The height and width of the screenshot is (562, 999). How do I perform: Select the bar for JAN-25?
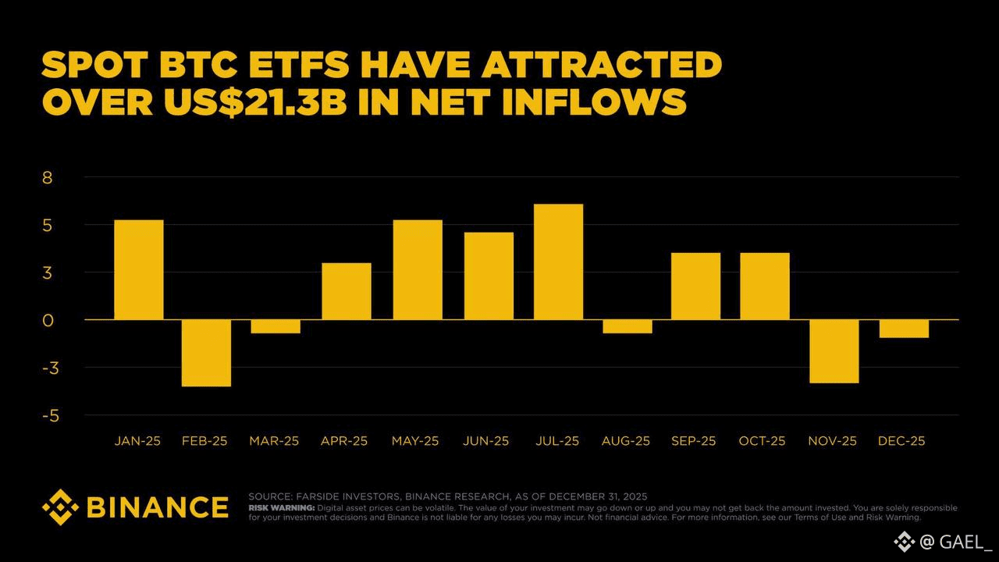(139, 269)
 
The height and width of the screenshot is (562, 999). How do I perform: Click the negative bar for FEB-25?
(207, 353)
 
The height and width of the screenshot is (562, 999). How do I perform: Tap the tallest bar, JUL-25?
(559, 261)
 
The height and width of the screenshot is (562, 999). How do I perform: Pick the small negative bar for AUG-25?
(627, 326)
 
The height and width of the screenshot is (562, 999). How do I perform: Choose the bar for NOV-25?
(834, 351)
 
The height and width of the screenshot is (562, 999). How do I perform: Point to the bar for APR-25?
(347, 291)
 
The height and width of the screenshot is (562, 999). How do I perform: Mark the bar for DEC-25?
(904, 329)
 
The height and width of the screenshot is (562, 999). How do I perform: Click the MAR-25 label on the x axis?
(274, 441)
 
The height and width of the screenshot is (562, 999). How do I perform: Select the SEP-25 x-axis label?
(693, 441)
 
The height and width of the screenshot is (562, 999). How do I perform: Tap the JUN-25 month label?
(485, 441)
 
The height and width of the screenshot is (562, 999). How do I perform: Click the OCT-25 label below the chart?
(762, 441)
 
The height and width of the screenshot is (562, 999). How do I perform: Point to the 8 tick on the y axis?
(48, 177)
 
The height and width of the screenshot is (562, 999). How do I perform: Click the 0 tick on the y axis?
(48, 320)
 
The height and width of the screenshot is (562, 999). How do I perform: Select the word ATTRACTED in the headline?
(601, 65)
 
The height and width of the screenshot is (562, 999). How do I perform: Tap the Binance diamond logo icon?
(60, 507)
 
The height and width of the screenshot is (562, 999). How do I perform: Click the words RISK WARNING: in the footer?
(281, 508)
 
